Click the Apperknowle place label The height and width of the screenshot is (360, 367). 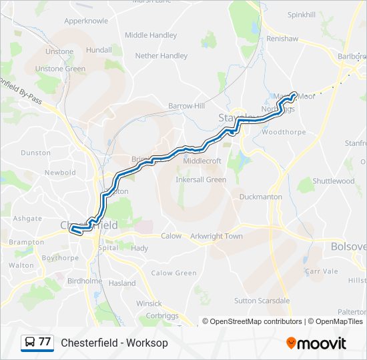(86, 21)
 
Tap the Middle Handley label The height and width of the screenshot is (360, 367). (151, 35)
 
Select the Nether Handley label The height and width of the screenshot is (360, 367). (161, 56)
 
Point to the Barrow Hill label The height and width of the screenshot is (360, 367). (186, 106)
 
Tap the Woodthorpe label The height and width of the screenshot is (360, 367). (284, 132)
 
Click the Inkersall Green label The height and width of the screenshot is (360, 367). (201, 179)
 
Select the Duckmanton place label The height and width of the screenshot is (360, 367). (261, 197)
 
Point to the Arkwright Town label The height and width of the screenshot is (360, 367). (216, 236)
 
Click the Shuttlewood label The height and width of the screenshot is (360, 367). (334, 181)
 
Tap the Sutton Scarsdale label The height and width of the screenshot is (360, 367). (262, 301)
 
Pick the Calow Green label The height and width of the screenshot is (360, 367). (173, 273)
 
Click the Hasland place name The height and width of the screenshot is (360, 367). (122, 283)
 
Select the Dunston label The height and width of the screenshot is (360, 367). (35, 153)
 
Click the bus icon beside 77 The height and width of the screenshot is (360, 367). (29, 343)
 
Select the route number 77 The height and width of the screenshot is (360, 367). (45, 342)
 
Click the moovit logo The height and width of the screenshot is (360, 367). (316, 343)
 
